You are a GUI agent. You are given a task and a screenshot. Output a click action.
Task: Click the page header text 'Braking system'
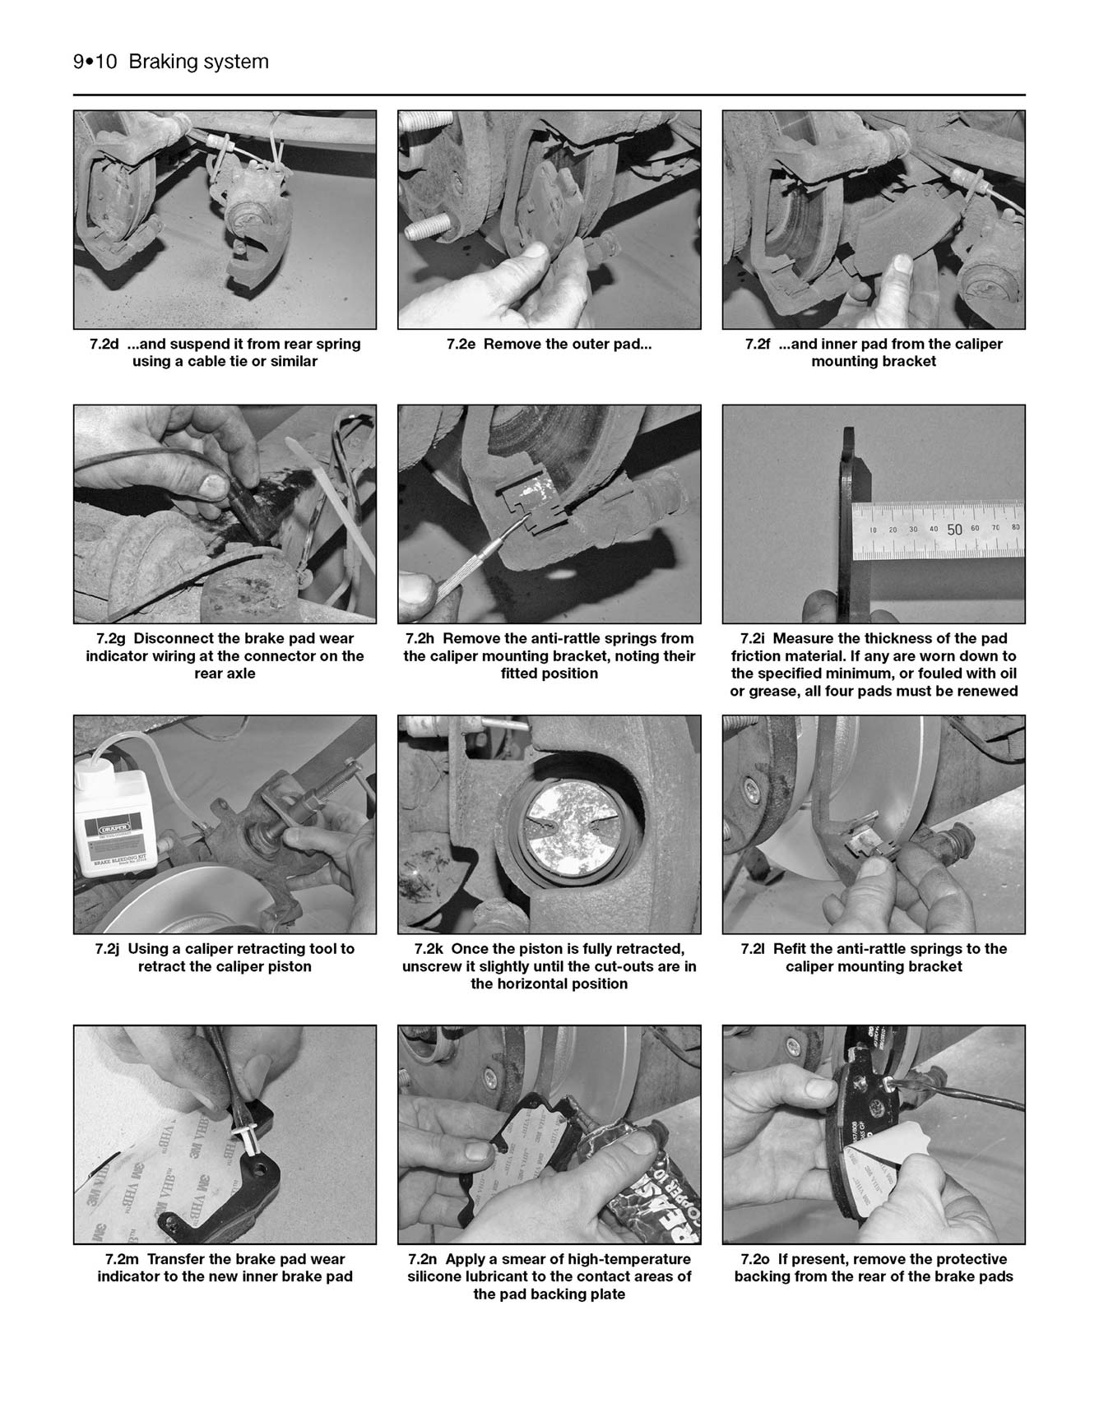(x=198, y=62)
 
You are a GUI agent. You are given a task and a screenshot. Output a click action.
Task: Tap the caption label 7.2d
(x=105, y=344)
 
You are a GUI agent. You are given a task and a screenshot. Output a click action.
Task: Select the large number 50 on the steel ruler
(x=954, y=530)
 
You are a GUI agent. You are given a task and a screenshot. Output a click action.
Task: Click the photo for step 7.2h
(x=549, y=513)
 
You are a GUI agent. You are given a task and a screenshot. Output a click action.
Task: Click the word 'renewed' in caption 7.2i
(x=988, y=691)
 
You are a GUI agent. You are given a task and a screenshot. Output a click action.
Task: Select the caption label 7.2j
(x=108, y=948)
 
